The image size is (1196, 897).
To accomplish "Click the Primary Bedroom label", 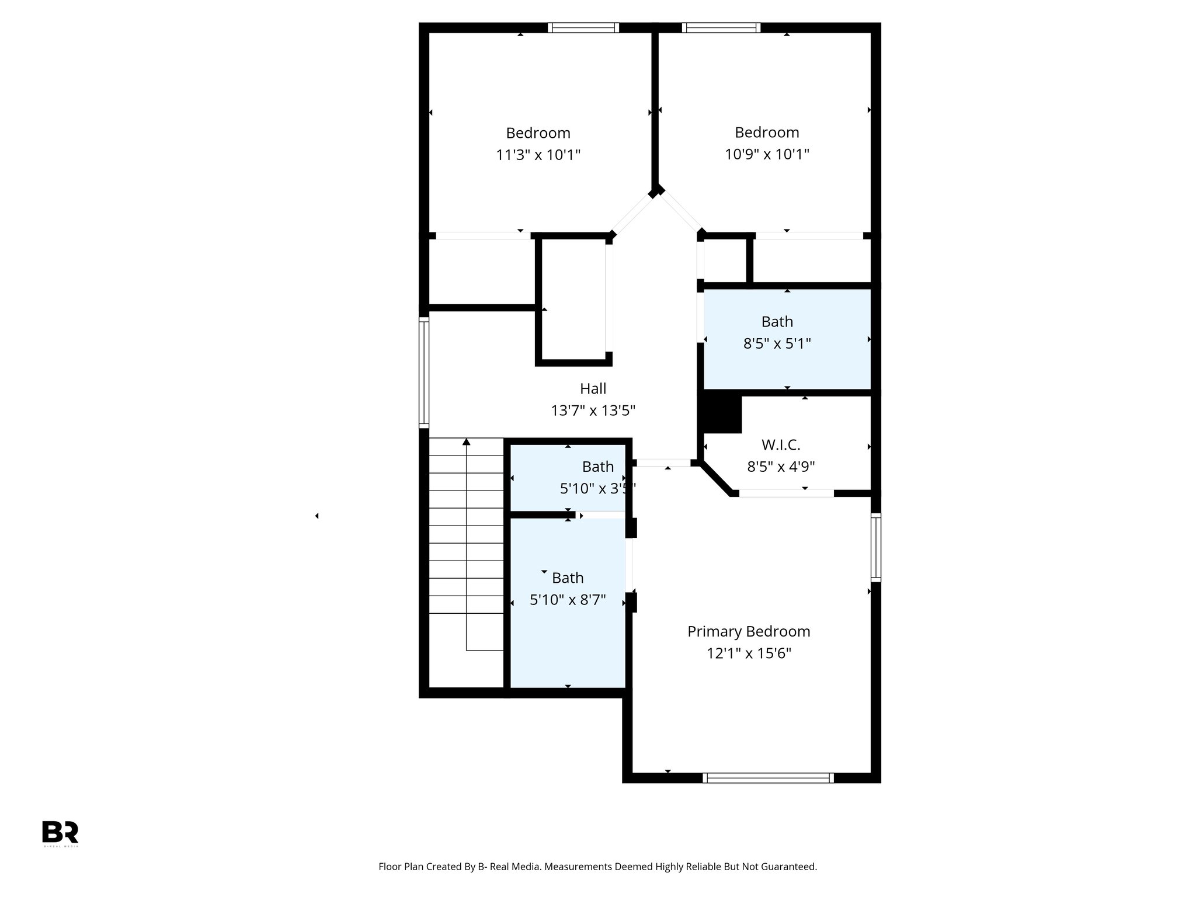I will click(749, 631).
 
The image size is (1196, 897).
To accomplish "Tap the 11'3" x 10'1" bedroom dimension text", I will click(538, 155).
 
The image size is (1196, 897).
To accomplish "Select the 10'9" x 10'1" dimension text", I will click(767, 154).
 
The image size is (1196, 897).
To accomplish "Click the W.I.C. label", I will click(781, 445).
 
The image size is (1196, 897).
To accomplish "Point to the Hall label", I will click(593, 388).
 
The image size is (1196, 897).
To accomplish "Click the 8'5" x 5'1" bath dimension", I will click(777, 343).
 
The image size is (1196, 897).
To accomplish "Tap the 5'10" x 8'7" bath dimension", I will click(568, 600).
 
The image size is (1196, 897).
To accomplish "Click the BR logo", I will click(60, 832).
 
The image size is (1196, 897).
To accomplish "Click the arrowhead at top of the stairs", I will click(466, 442).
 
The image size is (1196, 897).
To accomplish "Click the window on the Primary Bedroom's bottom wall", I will click(768, 777).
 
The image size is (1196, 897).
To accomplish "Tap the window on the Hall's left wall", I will click(424, 372).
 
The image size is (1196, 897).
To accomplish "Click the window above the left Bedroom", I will click(583, 27).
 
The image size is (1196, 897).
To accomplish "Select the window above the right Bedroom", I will click(721, 27).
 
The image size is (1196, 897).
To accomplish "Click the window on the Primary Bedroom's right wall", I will click(875, 547).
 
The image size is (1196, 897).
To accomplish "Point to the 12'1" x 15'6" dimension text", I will click(749, 653).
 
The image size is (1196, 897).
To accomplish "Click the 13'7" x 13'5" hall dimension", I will click(593, 411).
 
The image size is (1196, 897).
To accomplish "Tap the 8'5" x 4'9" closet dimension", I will click(781, 467).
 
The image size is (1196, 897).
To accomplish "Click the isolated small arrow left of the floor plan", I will click(317, 516).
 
